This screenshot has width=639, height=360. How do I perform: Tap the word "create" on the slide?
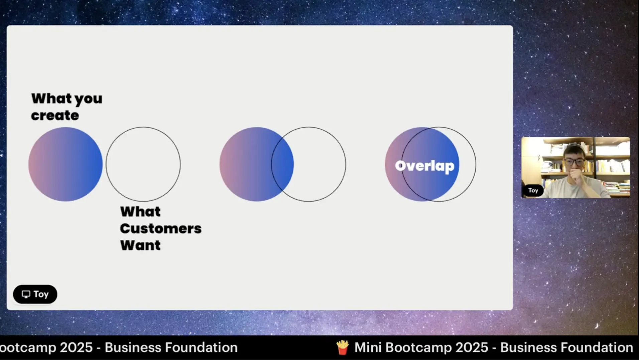[55, 116]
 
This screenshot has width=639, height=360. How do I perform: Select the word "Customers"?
[161, 229]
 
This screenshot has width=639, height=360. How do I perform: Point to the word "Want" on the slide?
[140, 245]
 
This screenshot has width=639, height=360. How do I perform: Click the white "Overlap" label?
[425, 166]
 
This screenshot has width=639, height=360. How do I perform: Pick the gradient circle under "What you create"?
[66, 164]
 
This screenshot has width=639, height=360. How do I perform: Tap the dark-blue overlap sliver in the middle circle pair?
[283, 164]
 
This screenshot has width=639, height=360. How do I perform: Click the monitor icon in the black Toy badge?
[26, 294]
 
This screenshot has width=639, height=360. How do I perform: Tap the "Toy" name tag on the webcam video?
[533, 190]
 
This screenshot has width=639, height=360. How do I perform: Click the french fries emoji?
[343, 348]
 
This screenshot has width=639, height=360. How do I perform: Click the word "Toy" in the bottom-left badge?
[41, 294]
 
